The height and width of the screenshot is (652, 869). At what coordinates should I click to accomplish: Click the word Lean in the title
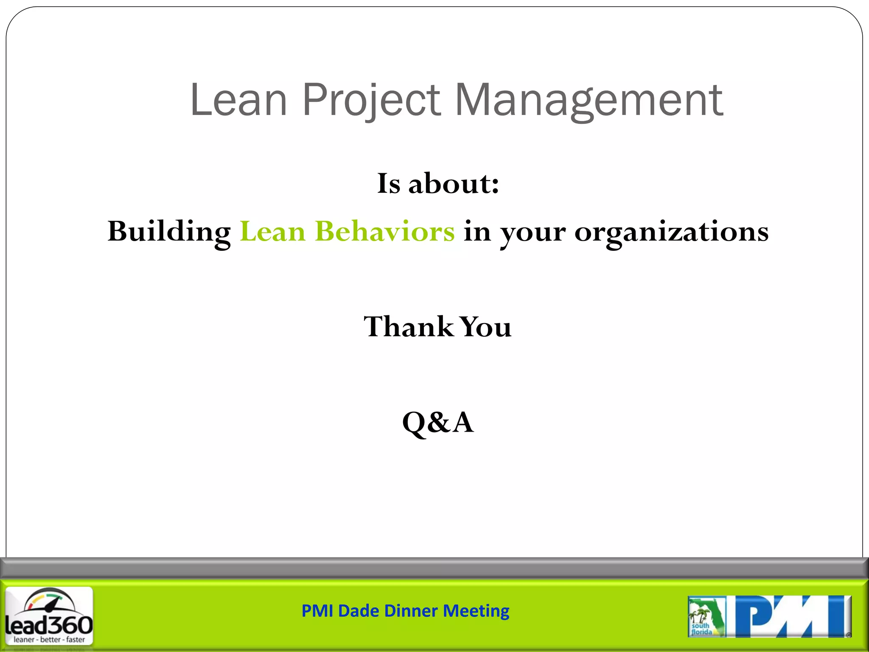(x=239, y=100)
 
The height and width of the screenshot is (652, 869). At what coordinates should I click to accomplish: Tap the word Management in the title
(x=589, y=100)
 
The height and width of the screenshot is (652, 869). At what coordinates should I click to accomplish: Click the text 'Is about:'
(x=438, y=184)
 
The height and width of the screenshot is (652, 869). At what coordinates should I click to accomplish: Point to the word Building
(x=169, y=232)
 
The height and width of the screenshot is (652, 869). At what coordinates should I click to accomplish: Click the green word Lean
(x=272, y=232)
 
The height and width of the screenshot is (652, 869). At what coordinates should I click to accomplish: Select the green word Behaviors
(x=384, y=232)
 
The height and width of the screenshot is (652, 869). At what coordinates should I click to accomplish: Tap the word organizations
(x=671, y=232)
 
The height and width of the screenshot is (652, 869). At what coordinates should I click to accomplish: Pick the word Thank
(x=408, y=327)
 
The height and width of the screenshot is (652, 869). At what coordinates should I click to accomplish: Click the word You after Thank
(x=486, y=327)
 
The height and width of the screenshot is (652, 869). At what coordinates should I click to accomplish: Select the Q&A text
(x=438, y=422)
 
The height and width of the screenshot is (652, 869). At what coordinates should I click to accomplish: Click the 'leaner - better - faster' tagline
(x=49, y=639)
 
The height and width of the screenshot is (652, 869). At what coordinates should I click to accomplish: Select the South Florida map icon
(x=706, y=616)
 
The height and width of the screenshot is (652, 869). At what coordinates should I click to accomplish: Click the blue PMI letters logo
(x=792, y=616)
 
